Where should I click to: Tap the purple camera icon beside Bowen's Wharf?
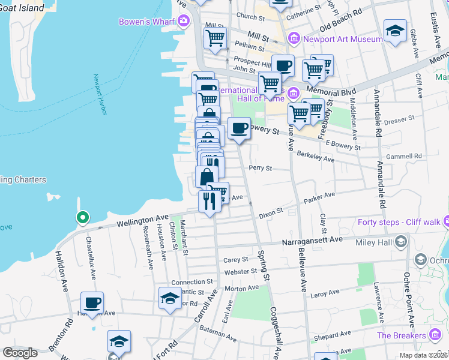point(183,22)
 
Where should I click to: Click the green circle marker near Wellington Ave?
point(82,217)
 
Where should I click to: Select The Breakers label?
point(401,335)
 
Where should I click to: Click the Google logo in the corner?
point(20,353)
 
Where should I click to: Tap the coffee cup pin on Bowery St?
point(239,128)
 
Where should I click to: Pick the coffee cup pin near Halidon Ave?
point(92,302)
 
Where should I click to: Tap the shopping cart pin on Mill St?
point(215,38)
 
